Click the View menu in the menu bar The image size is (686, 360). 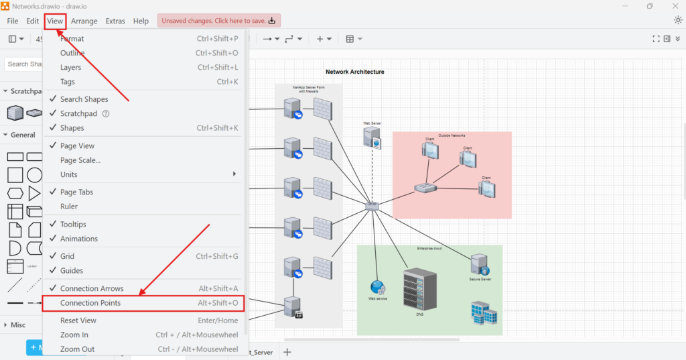(x=55, y=21)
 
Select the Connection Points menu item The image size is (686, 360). (x=90, y=303)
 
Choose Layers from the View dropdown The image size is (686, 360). (x=70, y=67)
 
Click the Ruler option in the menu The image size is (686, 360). (x=69, y=206)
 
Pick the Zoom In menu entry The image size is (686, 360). (x=74, y=335)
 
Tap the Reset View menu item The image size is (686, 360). (x=78, y=320)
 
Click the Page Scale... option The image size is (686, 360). (x=80, y=160)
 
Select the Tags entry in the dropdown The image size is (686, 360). (x=68, y=82)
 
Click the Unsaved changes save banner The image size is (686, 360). (x=219, y=21)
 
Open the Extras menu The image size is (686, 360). (x=115, y=21)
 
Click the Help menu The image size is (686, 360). (x=141, y=21)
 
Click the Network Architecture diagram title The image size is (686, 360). (x=355, y=72)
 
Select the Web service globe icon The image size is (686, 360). (x=378, y=287)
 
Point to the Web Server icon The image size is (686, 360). (x=372, y=137)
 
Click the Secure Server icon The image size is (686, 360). (x=479, y=264)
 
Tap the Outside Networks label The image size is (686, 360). (x=452, y=135)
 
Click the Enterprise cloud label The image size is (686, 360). (x=429, y=249)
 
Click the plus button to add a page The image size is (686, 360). (x=287, y=352)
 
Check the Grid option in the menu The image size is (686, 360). (x=67, y=256)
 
